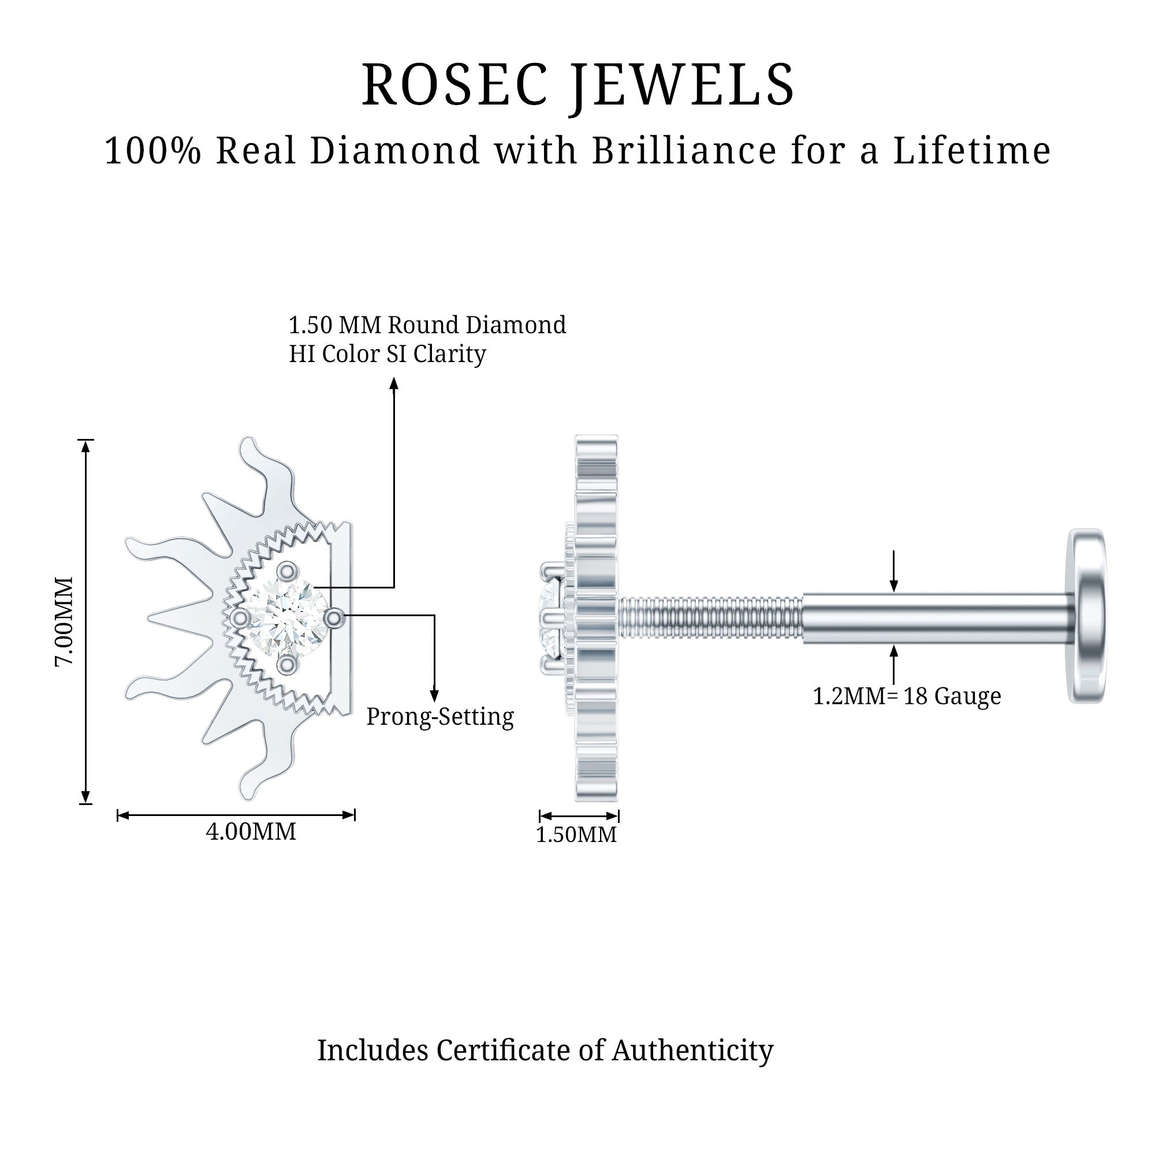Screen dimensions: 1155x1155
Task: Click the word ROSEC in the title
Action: click(x=455, y=85)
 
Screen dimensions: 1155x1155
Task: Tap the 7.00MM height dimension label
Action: click(x=65, y=622)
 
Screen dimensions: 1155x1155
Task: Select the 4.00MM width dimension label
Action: click(x=251, y=832)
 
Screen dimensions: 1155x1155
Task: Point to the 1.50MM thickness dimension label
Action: click(x=576, y=834)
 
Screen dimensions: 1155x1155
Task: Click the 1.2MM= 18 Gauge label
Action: click(x=906, y=696)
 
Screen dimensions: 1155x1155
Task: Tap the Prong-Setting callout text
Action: click(x=440, y=717)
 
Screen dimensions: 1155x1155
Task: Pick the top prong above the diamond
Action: click(x=288, y=572)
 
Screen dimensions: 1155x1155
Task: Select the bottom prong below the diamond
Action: click(x=288, y=664)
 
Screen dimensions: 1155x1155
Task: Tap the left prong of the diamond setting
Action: click(x=240, y=617)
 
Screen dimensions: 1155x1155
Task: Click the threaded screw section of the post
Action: click(x=710, y=619)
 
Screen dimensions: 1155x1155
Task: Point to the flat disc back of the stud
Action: click(x=1086, y=616)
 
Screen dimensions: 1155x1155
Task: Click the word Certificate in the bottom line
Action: click(x=519, y=1050)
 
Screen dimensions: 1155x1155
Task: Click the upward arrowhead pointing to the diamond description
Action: click(x=394, y=383)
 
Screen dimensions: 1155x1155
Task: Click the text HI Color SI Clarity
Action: click(x=388, y=354)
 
